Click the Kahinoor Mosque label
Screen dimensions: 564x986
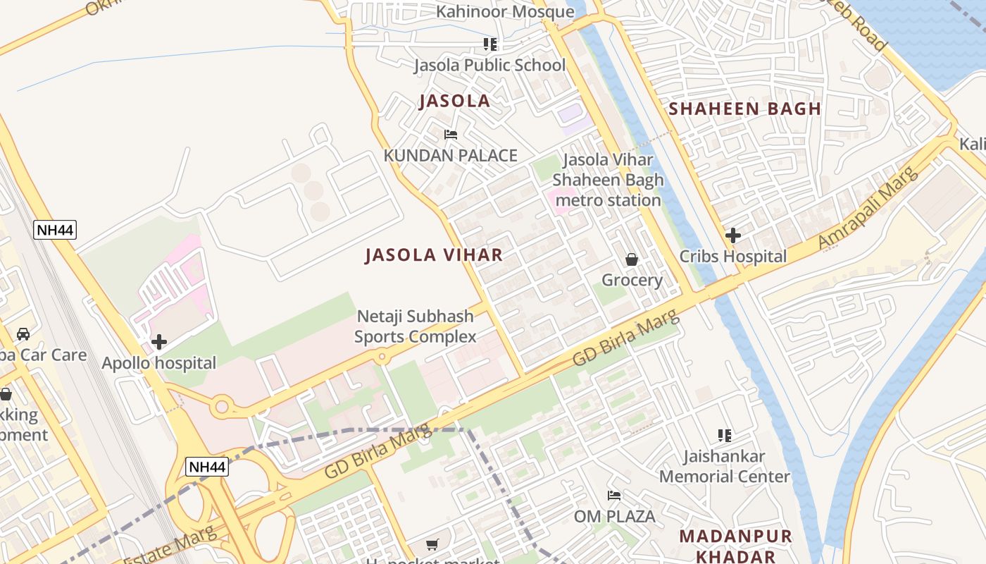505,12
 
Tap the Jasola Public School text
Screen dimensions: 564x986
489,66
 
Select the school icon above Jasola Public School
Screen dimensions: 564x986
490,45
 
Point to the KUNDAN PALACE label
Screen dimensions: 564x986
450,156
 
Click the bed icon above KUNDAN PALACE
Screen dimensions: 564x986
451,135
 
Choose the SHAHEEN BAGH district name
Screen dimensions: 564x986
744,109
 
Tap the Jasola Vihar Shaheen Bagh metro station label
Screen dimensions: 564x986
608,180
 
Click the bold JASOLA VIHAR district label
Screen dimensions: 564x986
434,255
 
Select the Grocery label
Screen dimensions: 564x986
632,281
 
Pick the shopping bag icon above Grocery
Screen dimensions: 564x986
632,259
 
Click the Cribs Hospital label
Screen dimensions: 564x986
732,257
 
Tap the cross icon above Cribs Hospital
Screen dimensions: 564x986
733,235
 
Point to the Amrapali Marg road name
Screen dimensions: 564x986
869,209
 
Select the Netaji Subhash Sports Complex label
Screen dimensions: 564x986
416,327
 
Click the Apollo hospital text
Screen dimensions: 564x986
159,364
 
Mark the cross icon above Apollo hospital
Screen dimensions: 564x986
159,343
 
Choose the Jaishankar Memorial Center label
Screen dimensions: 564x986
724,467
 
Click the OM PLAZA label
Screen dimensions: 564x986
614,517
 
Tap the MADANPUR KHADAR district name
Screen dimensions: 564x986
735,546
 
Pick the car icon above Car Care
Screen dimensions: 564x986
23,333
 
